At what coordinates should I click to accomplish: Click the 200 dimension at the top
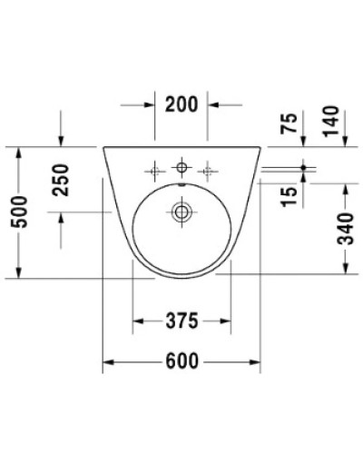(x=181, y=104)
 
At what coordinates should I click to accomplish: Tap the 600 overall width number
(x=181, y=361)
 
